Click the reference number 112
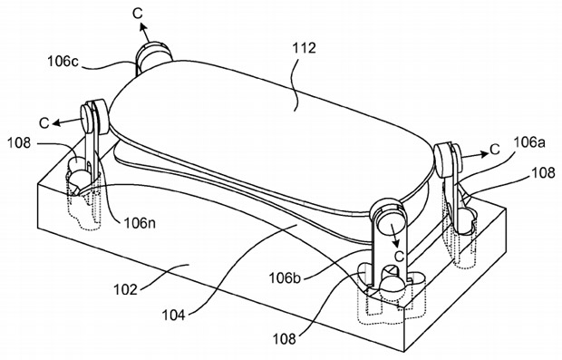305,48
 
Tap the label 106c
63,62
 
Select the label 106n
140,223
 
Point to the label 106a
529,142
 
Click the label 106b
285,277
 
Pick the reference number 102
126,289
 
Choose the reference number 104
174,316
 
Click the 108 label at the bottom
285,338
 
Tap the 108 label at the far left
19,143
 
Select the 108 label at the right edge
543,173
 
